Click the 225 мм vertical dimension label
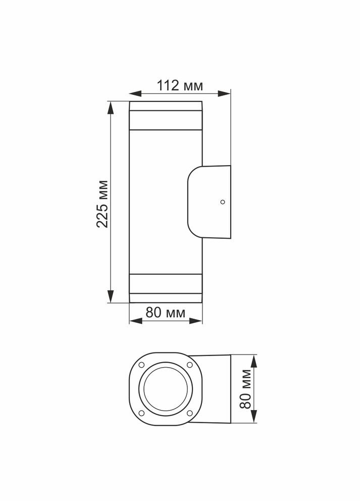pos(103,203)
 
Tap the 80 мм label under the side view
pos(166,313)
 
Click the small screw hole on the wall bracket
pos(222,202)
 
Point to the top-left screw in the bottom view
pos(142,365)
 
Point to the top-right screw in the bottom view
pos(189,365)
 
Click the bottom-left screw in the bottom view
pos(142,413)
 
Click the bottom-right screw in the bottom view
pos(189,413)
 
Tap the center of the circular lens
pos(166,389)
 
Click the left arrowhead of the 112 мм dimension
pos(132,93)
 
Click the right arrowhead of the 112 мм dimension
pos(227,93)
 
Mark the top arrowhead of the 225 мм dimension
pos(111,105)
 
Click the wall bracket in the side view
pos(210,202)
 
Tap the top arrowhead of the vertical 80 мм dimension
pos(254,358)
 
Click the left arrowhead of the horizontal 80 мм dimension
pos(132,320)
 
